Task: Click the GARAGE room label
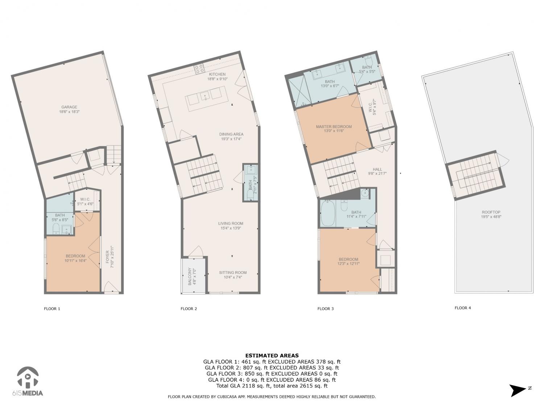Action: (69, 107)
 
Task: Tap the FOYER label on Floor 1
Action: (108, 257)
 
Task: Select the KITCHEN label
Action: (217, 74)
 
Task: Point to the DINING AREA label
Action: (231, 134)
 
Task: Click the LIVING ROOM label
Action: (231, 223)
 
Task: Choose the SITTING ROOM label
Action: (233, 272)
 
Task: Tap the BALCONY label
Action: (190, 276)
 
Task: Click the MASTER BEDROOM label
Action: (334, 127)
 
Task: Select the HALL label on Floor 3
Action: (377, 169)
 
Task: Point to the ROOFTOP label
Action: (491, 212)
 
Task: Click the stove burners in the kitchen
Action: (199, 69)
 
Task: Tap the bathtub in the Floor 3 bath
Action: (328, 213)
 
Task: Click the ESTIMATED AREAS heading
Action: (272, 356)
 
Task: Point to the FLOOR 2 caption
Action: (189, 309)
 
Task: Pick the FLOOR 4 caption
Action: (463, 308)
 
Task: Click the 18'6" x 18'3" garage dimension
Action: (69, 112)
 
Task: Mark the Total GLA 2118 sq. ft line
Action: (272, 386)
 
